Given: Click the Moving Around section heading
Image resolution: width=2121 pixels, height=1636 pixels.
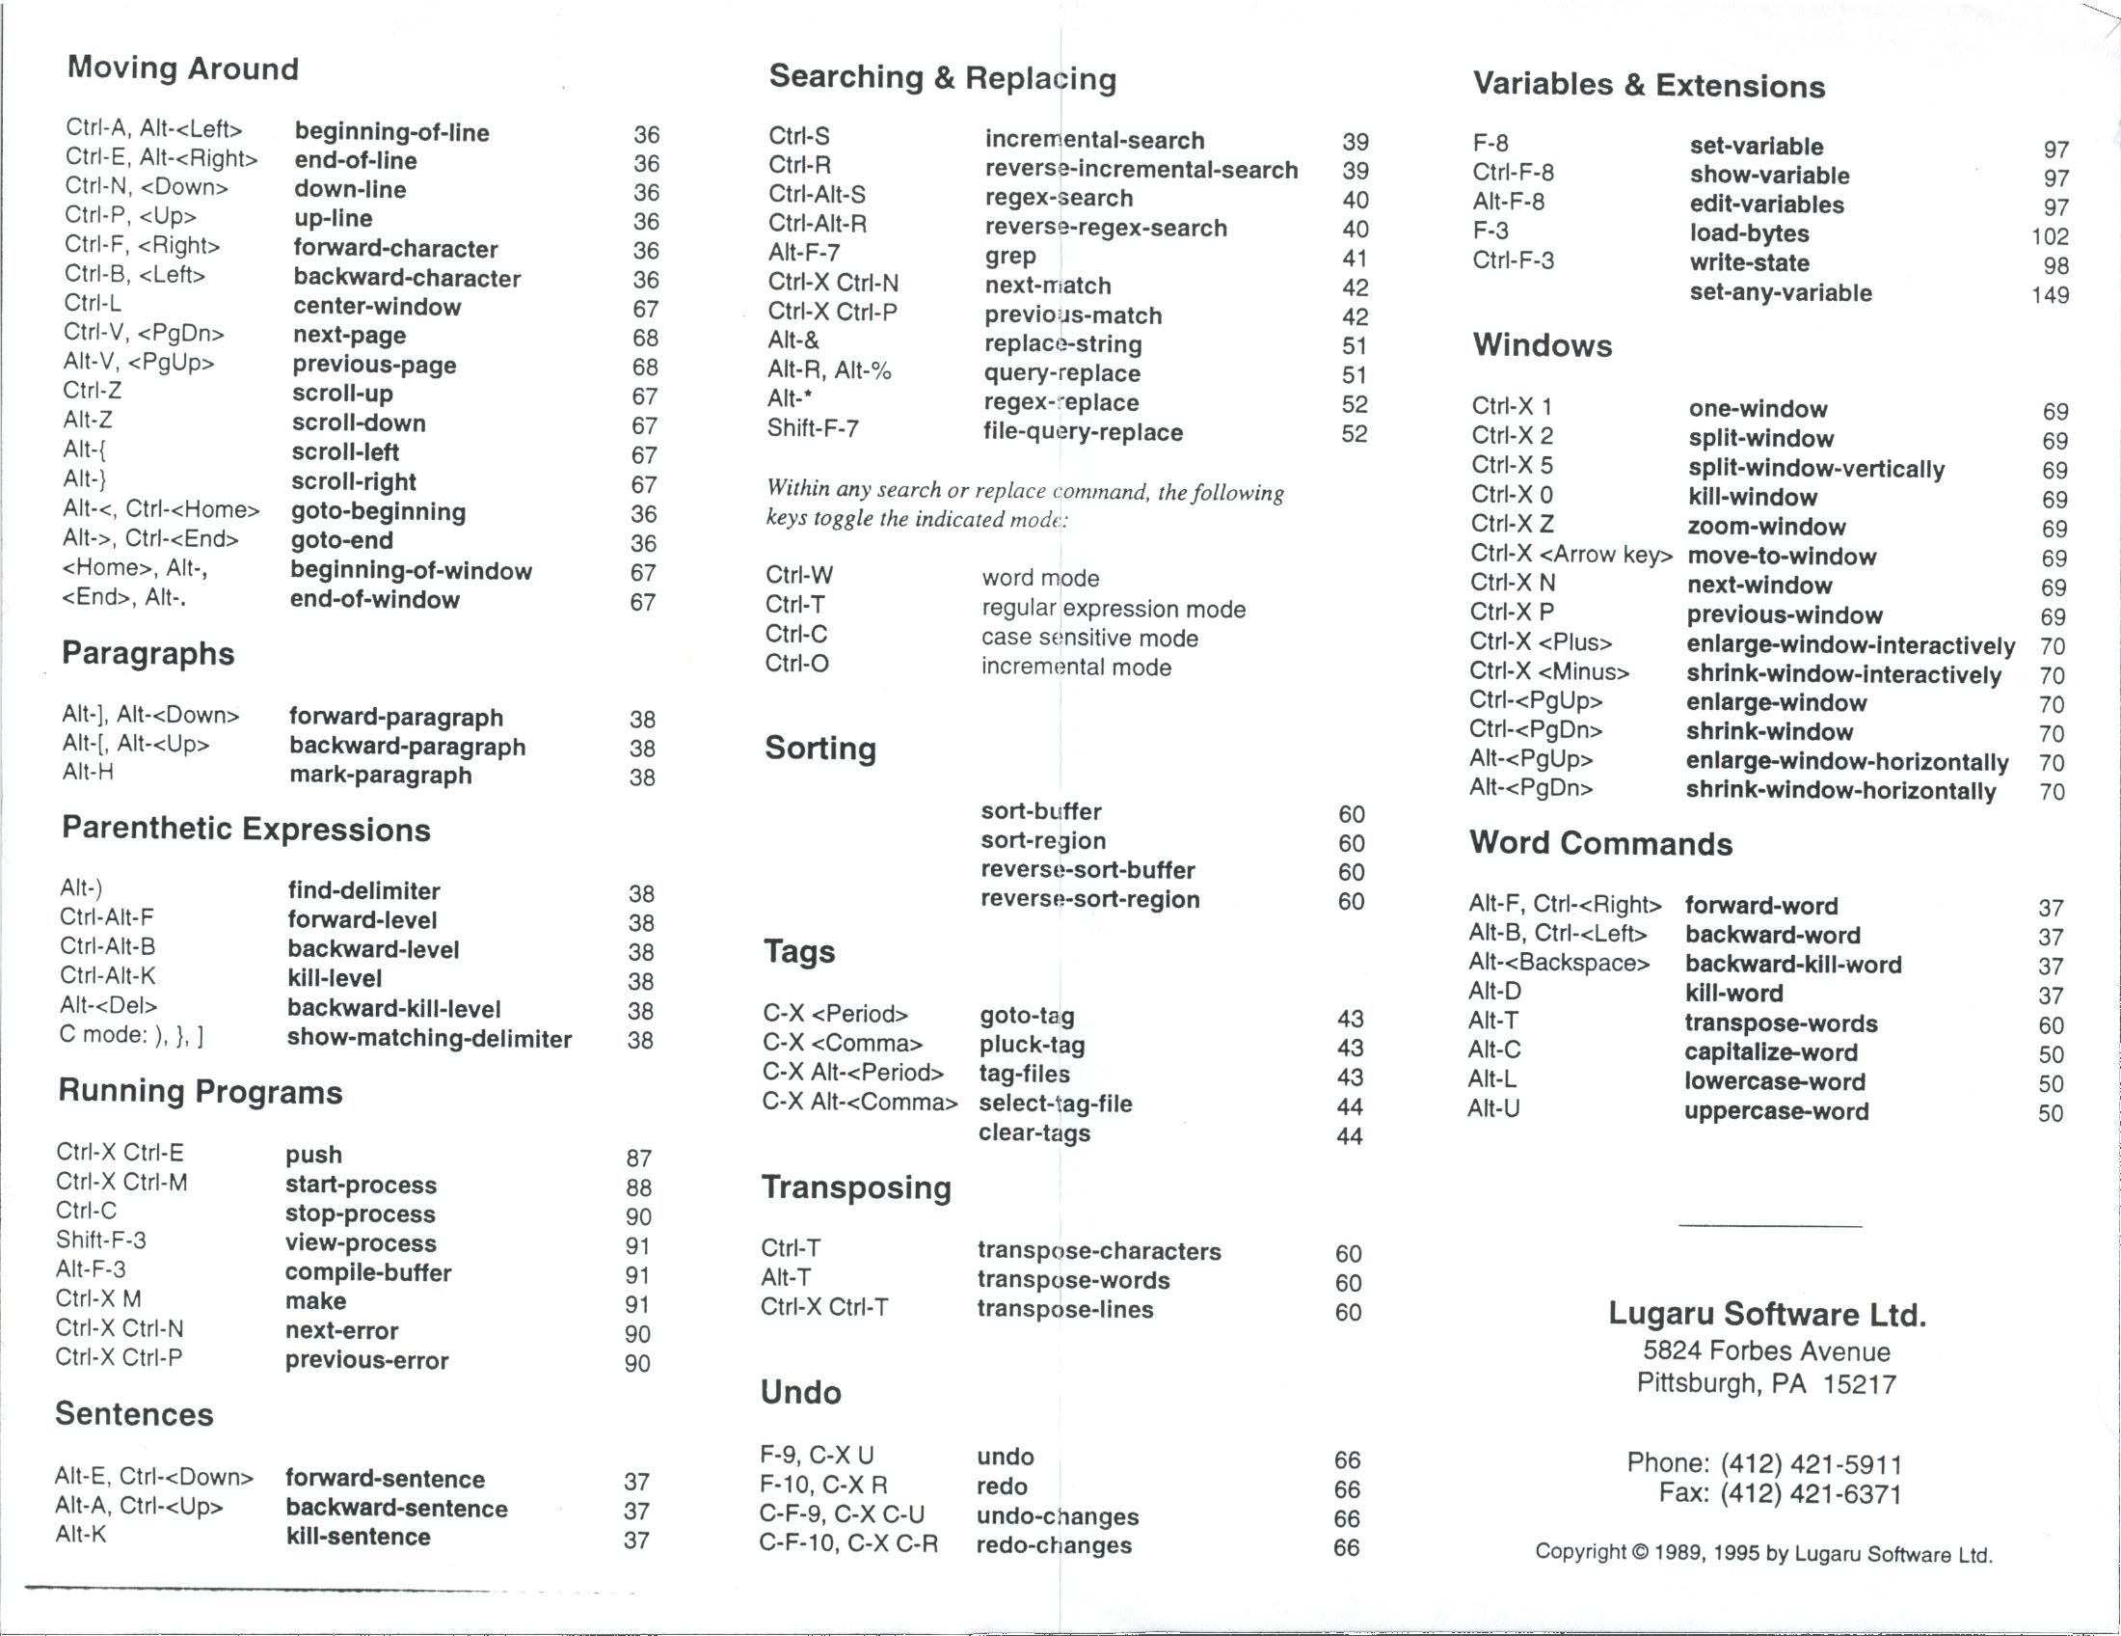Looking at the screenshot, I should coord(182,68).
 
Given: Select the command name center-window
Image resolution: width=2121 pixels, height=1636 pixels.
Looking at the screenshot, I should coord(377,307).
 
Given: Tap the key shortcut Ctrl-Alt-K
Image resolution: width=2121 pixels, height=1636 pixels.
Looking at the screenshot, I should coord(107,975).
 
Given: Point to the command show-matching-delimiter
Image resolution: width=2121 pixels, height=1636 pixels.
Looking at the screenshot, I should coord(429,1039).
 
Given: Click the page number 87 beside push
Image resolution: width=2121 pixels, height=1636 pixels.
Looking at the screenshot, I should coord(638,1158).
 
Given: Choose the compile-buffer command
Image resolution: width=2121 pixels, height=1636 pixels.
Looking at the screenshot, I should coord(368,1272).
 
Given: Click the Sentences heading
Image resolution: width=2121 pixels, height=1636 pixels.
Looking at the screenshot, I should coord(134,1413).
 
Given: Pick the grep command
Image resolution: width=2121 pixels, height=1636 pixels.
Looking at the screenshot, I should coord(1010,257).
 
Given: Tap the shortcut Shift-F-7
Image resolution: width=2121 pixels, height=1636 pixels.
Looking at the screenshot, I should coord(813,428).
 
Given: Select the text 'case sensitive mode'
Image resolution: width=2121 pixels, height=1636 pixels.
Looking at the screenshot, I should coord(1088,639).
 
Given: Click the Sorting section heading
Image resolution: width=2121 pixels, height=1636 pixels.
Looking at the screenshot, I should coord(819,748).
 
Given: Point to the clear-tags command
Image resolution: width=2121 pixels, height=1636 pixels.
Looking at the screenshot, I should coord(1034,1132).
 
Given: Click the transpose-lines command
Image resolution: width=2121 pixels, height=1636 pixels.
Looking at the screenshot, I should coord(1064,1310).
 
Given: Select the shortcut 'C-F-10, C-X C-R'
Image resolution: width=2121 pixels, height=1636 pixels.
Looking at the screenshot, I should coord(847,1543).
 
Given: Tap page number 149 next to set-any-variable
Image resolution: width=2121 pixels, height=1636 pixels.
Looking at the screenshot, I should coord(2049,294).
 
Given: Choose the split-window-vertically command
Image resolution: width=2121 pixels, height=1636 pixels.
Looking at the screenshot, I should coord(1816,468).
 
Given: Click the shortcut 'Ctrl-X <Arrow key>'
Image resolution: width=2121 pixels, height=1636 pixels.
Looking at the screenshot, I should coord(1571,555).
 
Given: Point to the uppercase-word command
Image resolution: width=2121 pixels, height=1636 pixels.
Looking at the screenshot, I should coord(1775,1111).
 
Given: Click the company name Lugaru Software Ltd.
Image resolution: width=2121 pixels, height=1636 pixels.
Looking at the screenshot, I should coord(1766,1315).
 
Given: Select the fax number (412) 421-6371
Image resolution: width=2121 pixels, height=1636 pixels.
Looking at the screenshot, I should coord(1811,1494).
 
